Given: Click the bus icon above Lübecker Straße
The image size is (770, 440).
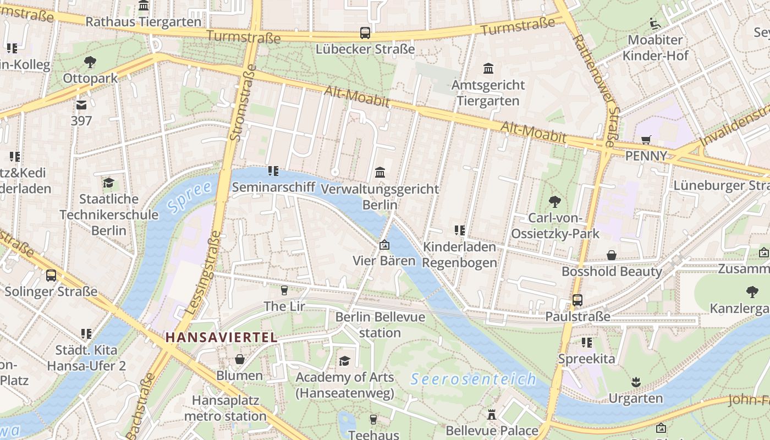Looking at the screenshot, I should tap(365, 33).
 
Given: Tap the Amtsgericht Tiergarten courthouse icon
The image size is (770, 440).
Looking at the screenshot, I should tap(488, 69).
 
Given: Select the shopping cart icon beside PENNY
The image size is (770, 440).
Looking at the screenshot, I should tap(646, 140).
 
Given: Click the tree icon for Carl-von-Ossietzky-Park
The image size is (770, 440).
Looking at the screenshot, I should tap(554, 202).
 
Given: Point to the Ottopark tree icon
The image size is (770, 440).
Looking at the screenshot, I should tap(90, 62).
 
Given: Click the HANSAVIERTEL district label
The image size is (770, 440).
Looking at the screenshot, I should tap(222, 337).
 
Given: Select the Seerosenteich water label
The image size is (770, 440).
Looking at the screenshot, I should tap(473, 379).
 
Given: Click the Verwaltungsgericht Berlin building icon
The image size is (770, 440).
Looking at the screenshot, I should tap(380, 173).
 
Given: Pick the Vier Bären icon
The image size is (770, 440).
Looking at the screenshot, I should tap(384, 244).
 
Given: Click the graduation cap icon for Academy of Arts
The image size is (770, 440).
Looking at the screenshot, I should tap(344, 361).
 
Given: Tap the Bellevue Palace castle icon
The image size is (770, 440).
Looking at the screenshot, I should tap(492, 414).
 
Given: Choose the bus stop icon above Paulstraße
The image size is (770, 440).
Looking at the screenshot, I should tap(577, 300).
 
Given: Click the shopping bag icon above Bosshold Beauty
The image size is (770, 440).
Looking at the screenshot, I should tap(611, 255).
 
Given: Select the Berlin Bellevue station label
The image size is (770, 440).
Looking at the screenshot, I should tap(380, 324).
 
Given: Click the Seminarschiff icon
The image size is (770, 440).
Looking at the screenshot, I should tap(273, 171).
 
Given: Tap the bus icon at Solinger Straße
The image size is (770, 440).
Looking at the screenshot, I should tap(51, 275).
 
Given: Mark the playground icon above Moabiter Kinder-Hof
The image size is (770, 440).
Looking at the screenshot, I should tap(655, 24).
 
